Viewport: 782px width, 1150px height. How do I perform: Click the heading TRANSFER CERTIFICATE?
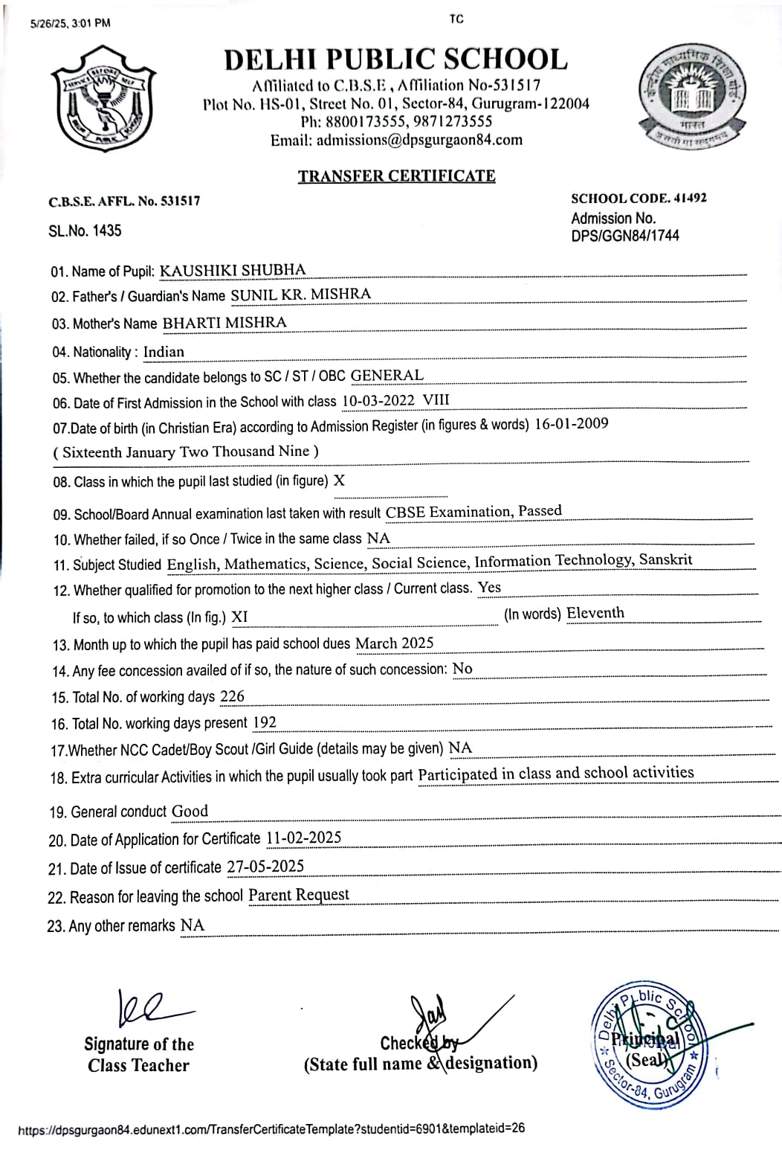396,176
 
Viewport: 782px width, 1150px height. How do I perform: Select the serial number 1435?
107,231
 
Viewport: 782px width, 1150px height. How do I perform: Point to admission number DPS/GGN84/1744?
624,236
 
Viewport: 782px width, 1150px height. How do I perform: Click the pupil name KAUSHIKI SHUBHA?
233,270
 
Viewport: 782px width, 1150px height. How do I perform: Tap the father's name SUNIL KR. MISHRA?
300,295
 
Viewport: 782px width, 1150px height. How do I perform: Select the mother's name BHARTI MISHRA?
224,323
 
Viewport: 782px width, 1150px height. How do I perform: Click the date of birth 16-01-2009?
571,424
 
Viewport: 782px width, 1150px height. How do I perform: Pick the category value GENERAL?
387,376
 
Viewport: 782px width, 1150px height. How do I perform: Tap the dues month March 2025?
394,643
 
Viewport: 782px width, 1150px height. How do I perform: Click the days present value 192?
264,722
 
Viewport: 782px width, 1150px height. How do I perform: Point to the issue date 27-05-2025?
265,867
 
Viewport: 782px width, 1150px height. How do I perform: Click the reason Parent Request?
298,895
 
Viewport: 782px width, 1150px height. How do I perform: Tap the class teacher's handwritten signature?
149,1008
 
